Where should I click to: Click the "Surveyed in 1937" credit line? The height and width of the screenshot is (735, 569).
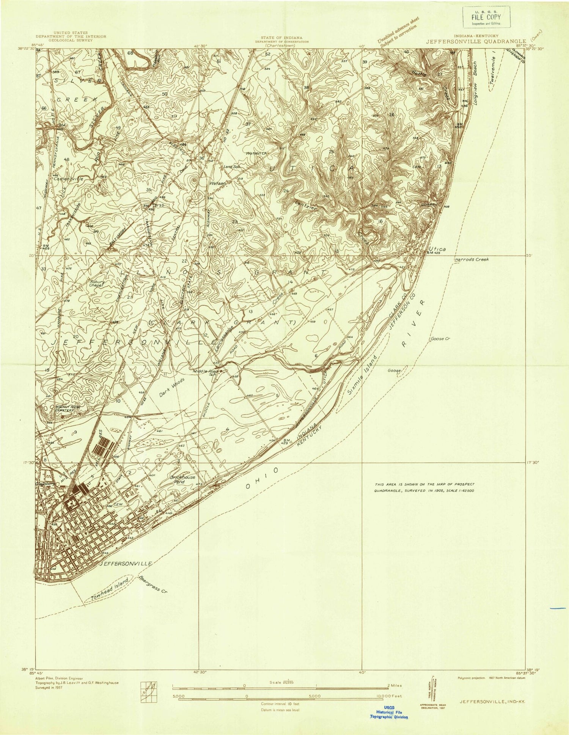[x=47, y=687]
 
